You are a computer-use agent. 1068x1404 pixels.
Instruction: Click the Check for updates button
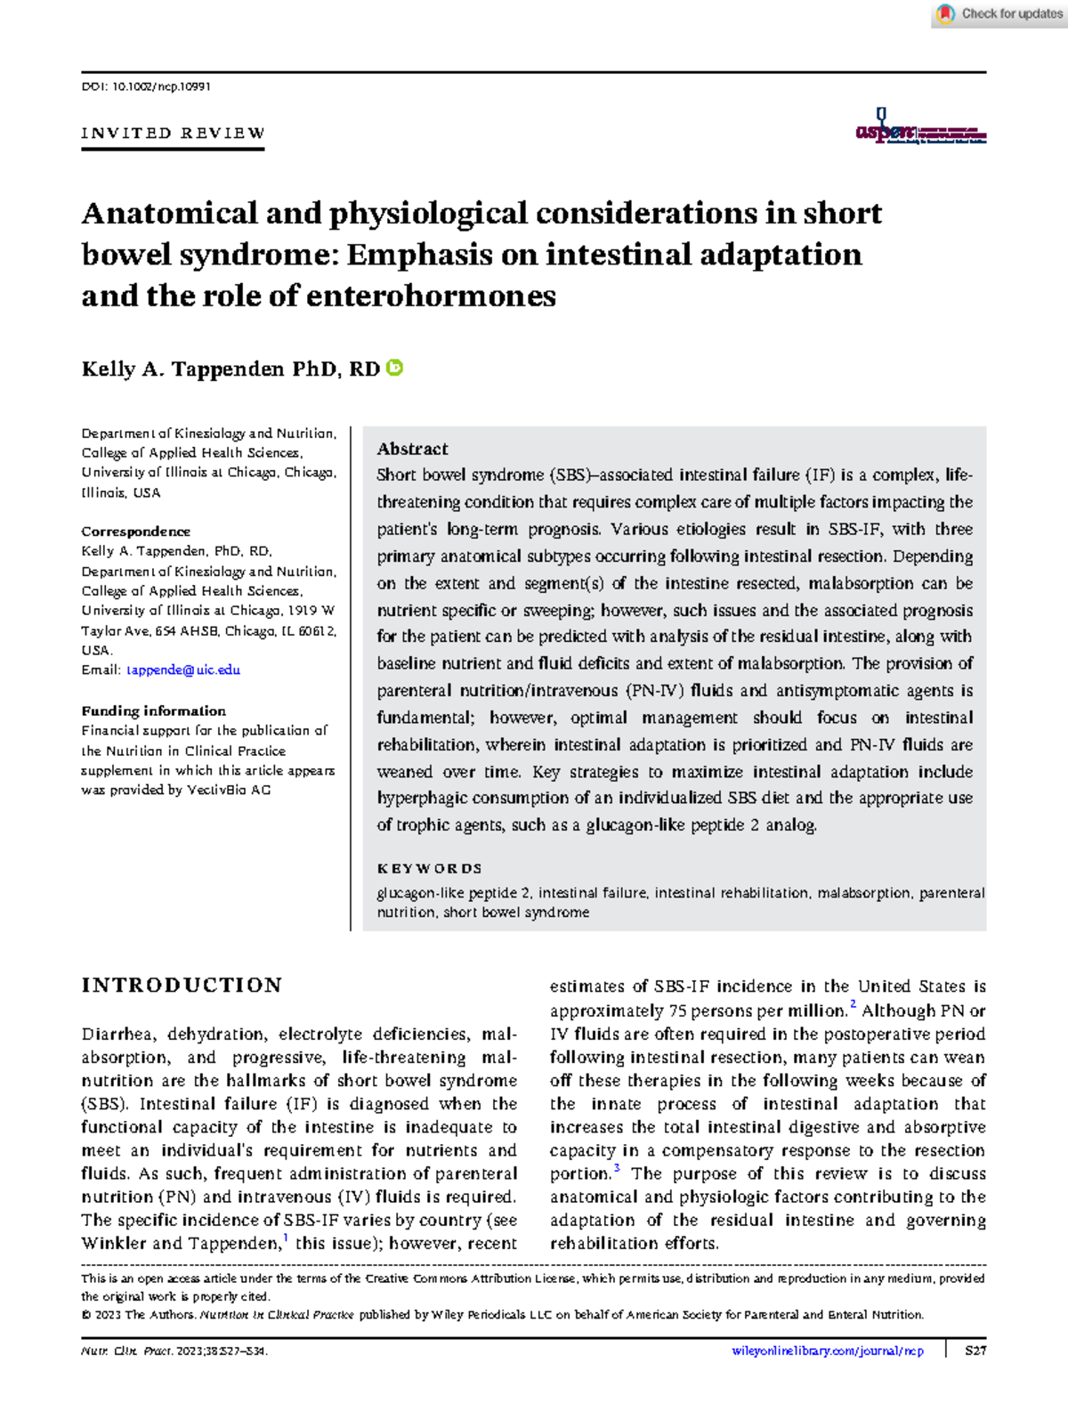(999, 14)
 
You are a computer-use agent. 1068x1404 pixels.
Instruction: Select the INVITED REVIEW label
(173, 134)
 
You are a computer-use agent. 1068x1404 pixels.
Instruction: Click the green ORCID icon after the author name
(395, 368)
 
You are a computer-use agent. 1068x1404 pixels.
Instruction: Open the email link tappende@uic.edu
(183, 670)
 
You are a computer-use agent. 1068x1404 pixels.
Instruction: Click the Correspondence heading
(135, 532)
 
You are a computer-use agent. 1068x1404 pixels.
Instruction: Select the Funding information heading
(153, 710)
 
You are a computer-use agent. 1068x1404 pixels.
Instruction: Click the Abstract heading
(412, 449)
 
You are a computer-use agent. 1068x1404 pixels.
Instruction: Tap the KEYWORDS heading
(429, 868)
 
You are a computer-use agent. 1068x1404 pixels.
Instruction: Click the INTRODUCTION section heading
(182, 986)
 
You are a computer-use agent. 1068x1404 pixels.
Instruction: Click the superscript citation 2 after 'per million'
(853, 1005)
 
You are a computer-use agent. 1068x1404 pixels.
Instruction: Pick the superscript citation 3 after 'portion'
(617, 1168)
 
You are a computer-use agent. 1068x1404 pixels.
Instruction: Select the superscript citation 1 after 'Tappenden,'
(286, 1238)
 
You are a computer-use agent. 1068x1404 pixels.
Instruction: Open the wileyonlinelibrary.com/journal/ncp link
(827, 1351)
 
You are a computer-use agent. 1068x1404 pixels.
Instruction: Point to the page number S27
(975, 1351)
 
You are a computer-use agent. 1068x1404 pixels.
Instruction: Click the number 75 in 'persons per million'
(677, 1011)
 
